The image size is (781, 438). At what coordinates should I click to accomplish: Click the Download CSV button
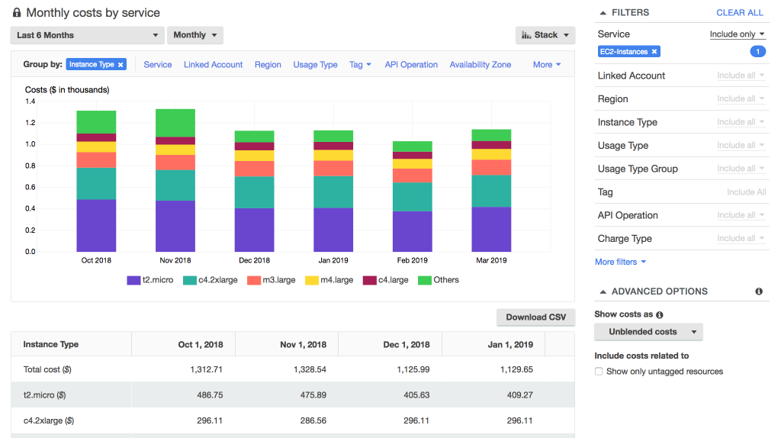[535, 317]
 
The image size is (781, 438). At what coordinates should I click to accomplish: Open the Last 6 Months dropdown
[87, 35]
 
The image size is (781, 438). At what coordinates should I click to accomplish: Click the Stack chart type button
[545, 35]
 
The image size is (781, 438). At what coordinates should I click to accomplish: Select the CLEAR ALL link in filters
[739, 13]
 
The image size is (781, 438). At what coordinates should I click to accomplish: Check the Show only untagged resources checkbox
[599, 372]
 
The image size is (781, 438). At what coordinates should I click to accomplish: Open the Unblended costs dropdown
[648, 332]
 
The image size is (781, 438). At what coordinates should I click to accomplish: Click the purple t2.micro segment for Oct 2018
[96, 225]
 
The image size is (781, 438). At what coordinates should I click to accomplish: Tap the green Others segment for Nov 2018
[175, 123]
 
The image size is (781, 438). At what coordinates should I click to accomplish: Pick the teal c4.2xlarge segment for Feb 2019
[413, 197]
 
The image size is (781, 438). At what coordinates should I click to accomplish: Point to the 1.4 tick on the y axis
[31, 101]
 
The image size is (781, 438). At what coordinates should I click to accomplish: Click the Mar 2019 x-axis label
[491, 260]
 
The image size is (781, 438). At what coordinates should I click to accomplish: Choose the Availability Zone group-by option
[480, 65]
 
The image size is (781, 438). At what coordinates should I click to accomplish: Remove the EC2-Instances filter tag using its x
[654, 52]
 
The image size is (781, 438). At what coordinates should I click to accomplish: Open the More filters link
[620, 262]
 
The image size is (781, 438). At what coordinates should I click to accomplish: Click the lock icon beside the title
[17, 13]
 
